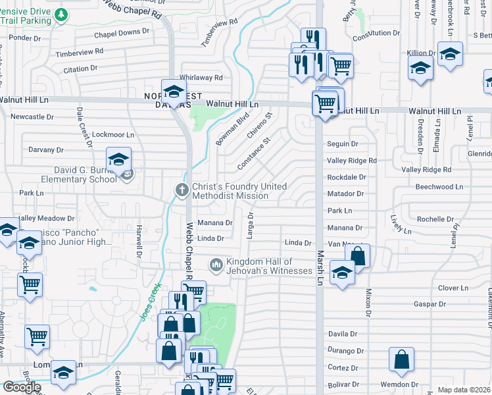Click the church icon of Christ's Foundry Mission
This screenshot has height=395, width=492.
(x=182, y=190)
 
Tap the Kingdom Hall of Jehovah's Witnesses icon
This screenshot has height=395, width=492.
(x=216, y=265)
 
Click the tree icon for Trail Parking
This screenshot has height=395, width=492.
(x=61, y=14)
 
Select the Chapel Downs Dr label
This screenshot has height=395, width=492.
(x=117, y=32)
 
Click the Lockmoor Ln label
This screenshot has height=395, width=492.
(x=112, y=134)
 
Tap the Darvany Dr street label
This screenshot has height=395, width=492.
(x=45, y=149)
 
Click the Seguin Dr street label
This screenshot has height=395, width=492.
(x=342, y=144)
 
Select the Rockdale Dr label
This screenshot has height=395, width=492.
(x=346, y=177)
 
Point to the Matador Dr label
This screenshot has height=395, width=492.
(x=345, y=194)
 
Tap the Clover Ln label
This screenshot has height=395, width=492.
(x=453, y=288)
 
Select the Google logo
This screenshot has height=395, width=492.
(x=21, y=386)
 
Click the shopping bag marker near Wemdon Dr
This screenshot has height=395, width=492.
(x=401, y=359)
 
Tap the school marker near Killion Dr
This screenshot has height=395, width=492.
(x=451, y=54)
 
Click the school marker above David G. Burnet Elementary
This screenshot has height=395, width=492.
(x=119, y=159)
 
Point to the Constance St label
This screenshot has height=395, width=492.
(x=254, y=153)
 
